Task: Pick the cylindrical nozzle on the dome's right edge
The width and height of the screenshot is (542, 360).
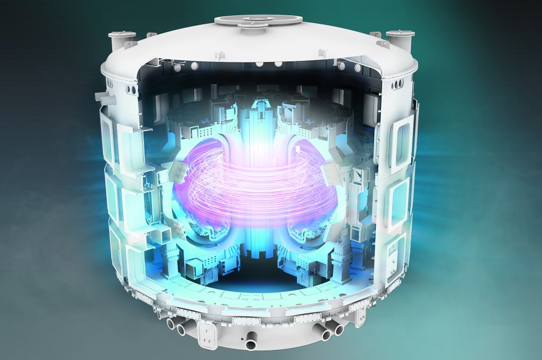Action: (x=399, y=39)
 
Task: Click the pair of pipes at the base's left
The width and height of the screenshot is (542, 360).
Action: (x=177, y=326)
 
